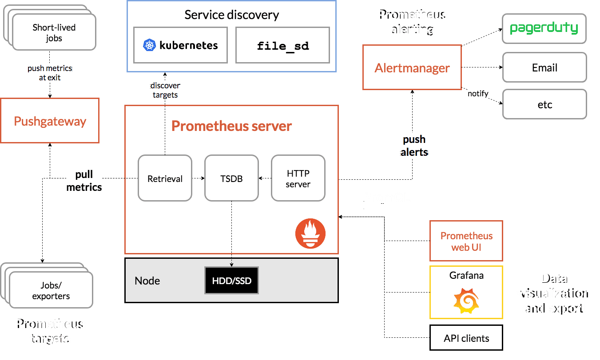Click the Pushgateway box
50,121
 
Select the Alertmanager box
412,67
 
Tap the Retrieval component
165,179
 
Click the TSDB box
231,179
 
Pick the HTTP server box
298,178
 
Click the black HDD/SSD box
231,281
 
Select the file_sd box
283,45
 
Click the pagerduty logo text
544,28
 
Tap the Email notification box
544,68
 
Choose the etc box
544,105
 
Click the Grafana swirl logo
466,300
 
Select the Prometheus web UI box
466,241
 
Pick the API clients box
466,338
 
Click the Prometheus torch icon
310,233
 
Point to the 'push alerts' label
414,146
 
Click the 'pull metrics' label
84,180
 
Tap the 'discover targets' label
165,90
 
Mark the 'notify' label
478,94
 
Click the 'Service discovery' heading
231,15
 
